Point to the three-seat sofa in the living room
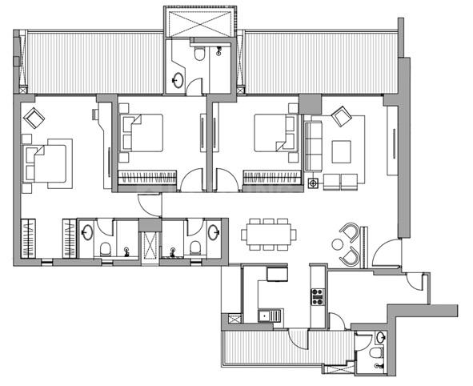(313, 144)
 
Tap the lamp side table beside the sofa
(313, 183)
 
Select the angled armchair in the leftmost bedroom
(35, 119)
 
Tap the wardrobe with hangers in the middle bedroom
(147, 177)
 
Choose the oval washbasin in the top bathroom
(178, 79)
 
